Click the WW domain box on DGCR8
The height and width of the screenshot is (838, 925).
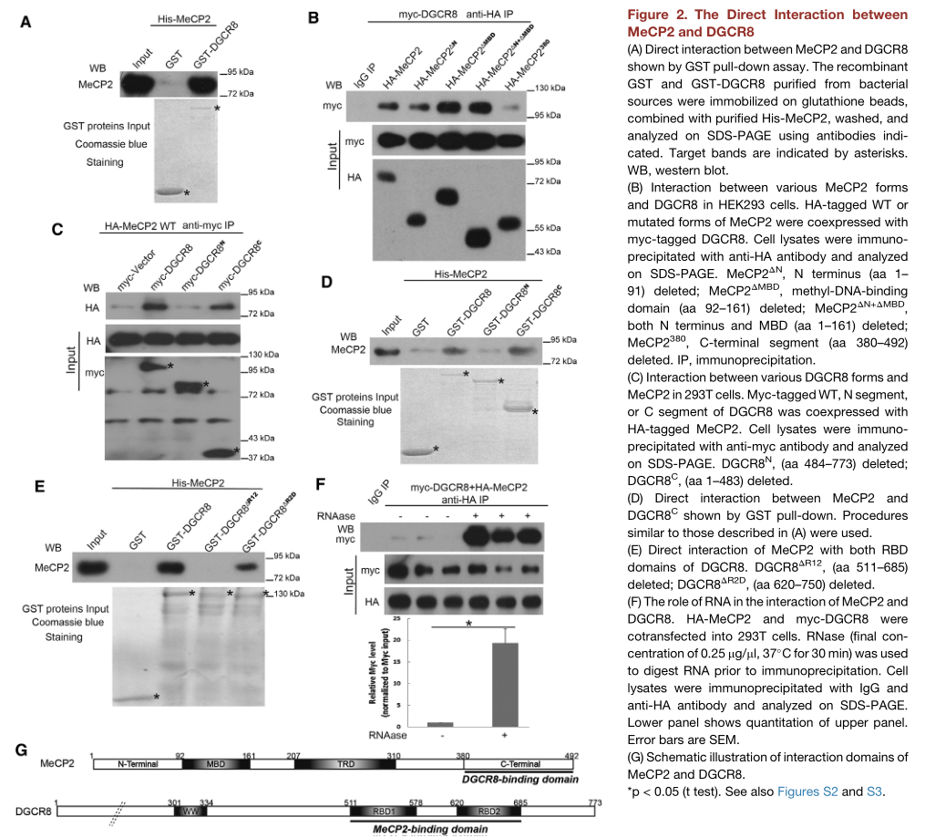[x=190, y=811]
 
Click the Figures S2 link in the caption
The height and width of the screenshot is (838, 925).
[x=807, y=791]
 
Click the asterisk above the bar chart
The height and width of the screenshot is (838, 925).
[x=468, y=625]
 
